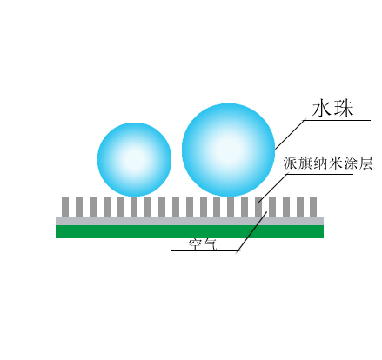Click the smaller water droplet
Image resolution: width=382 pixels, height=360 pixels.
134,159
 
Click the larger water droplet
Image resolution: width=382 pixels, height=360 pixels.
228,150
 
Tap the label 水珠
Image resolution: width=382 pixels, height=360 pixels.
332,109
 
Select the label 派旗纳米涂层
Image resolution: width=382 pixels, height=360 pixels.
328,163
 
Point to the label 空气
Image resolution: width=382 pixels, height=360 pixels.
203,245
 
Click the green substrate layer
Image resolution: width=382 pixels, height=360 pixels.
190,231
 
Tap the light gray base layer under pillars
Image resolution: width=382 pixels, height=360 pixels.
190,221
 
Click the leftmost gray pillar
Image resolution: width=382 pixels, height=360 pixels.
65,207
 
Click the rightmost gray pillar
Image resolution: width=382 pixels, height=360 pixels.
313,207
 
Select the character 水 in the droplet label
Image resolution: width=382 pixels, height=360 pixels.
322,109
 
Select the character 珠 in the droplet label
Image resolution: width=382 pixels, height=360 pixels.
344,109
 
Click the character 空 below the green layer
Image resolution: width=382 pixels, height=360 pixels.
195,245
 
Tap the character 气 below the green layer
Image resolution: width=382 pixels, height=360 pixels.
210,245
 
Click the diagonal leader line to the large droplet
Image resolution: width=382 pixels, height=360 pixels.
289,135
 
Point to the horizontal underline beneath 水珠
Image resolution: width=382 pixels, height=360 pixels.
337,120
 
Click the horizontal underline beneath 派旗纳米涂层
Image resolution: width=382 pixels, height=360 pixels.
320,174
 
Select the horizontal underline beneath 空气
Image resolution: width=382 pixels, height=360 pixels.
204,250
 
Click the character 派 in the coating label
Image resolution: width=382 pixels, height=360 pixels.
291,163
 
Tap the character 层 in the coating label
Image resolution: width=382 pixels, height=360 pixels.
365,163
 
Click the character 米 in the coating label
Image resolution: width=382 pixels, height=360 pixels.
335,163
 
